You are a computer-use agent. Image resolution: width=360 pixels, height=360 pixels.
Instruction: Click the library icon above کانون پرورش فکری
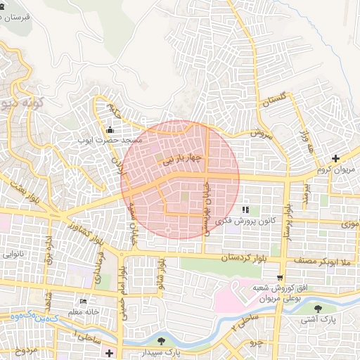point(245,210)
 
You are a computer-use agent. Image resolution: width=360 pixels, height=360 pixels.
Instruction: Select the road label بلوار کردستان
point(226,258)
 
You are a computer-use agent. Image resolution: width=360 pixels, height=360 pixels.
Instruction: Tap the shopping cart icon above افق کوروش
point(281,278)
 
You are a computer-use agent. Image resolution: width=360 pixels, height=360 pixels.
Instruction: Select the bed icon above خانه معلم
point(84,302)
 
